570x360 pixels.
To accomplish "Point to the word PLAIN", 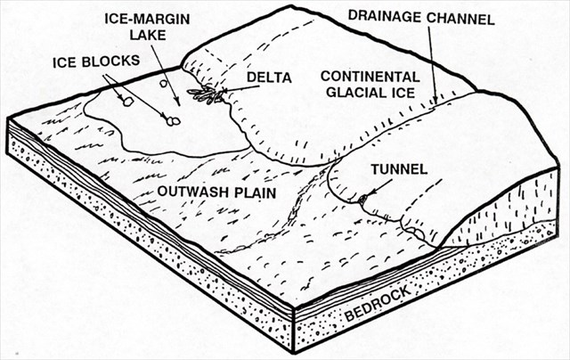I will point(250,192).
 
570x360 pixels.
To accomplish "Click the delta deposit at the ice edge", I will point(207,94).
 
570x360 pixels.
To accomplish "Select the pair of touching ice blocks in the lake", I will point(172,119).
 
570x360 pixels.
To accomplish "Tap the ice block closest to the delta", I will point(165,84).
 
